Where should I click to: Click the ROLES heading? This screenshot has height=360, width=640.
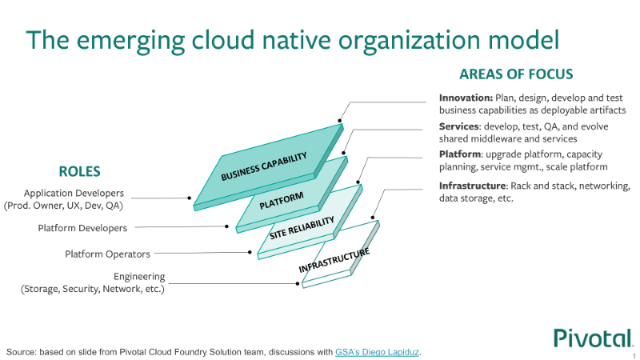click(79, 171)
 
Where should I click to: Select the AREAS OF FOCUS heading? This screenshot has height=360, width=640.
click(516, 74)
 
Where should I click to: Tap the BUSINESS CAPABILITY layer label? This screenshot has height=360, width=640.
click(264, 166)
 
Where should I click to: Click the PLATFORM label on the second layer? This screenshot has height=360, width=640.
click(282, 201)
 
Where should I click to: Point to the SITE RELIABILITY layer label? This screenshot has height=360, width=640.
click(302, 228)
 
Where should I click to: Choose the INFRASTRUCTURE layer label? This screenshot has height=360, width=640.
click(334, 260)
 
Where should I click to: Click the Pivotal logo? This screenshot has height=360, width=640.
click(593, 338)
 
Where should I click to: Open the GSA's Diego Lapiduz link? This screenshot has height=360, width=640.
click(377, 352)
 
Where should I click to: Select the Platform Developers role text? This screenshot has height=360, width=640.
click(82, 228)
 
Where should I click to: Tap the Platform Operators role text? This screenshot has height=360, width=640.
click(107, 254)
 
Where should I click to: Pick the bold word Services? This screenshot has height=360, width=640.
click(458, 126)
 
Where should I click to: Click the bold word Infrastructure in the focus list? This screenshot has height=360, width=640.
click(473, 186)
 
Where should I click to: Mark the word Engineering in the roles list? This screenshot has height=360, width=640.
click(139, 277)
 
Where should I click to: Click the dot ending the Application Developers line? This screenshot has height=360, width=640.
click(190, 198)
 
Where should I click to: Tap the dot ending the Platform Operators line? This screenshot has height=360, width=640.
click(250, 252)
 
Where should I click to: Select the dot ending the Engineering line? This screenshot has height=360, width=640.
click(298, 283)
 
